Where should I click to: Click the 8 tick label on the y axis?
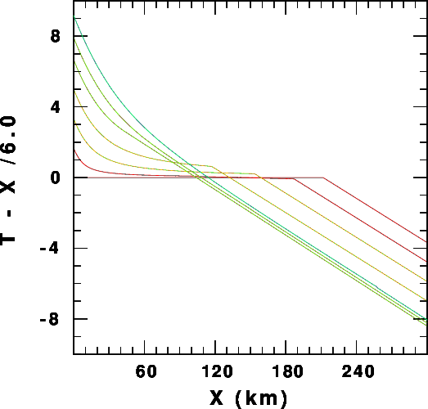coord(55,36)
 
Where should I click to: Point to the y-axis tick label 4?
coord(55,107)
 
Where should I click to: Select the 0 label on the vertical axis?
coord(55,178)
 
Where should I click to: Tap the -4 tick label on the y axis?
coord(49,249)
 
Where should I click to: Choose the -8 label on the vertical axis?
coord(49,319)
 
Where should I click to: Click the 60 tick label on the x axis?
coord(146,371)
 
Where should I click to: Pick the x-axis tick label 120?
coord(217,371)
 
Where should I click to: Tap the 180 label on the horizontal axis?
coord(287,371)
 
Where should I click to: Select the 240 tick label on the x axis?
coord(358,371)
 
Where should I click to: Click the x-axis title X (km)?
coord(249,398)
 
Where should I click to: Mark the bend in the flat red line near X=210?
coord(323,178)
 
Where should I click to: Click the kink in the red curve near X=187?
coord(295,178)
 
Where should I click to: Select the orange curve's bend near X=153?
coord(255,173)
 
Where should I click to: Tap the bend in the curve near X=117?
coord(212,166)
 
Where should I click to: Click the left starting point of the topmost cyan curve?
coord(74,16)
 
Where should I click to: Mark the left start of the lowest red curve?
coord(74,150)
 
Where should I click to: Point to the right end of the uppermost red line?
coord(426,242)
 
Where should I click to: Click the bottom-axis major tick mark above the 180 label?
coord(286,347)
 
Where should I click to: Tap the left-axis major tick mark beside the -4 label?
coord(81,249)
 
